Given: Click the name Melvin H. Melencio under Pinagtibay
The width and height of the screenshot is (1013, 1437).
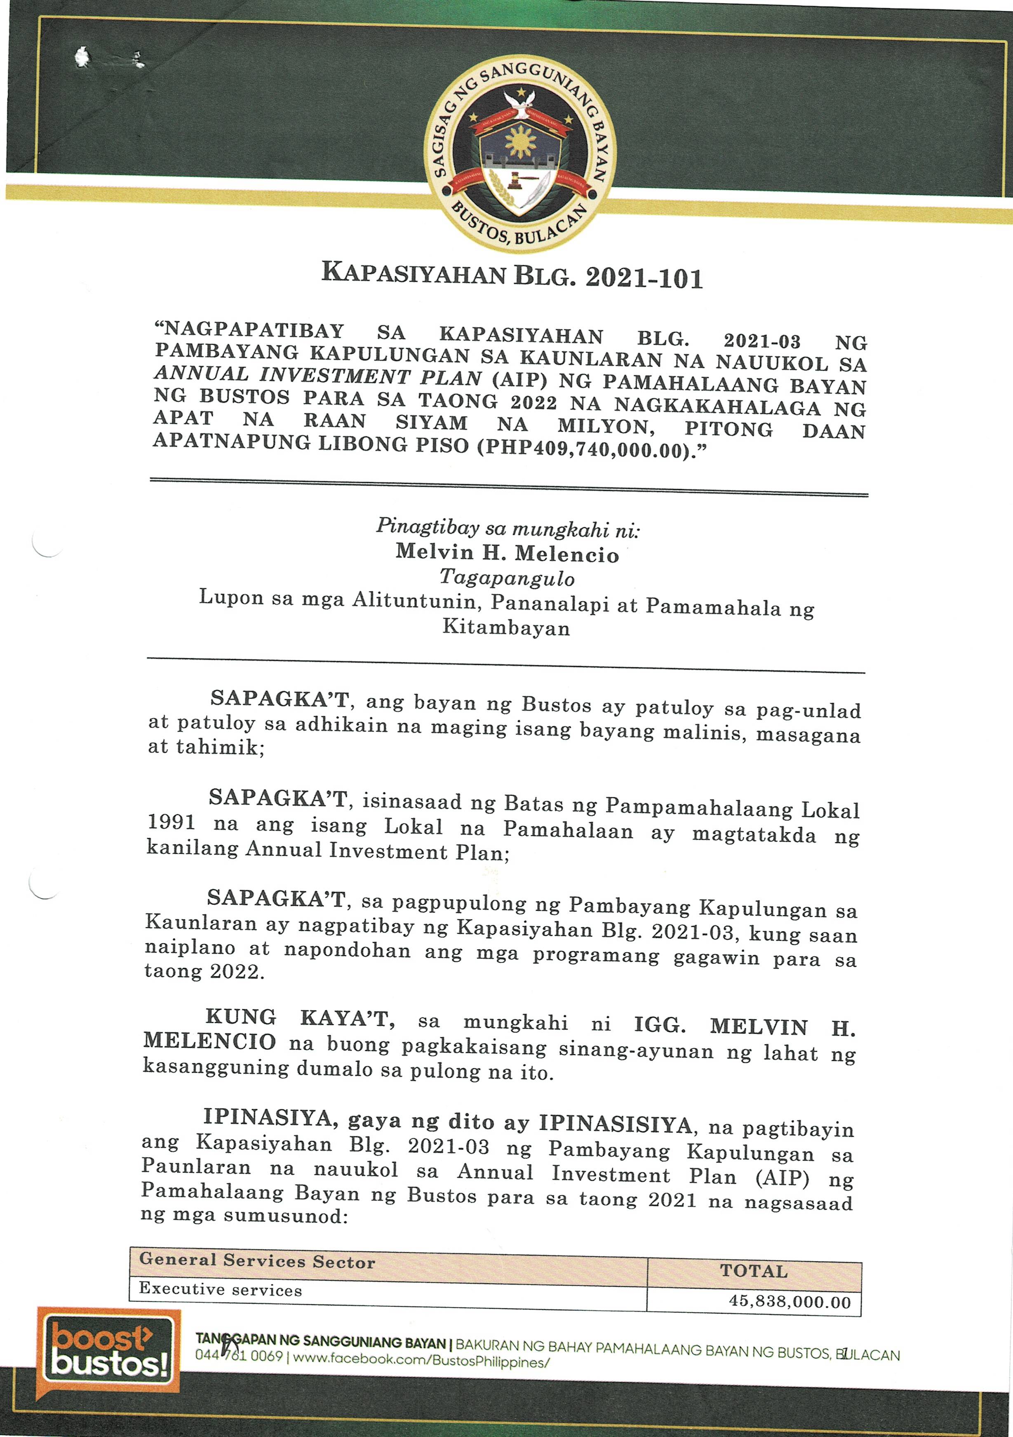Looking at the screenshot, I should (x=507, y=553).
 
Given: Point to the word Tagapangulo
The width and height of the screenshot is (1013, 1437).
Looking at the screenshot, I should (x=507, y=577).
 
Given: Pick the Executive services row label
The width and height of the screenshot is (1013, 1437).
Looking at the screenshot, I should (x=220, y=1289).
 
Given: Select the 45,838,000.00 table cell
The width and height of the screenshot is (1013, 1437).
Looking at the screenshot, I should (x=790, y=1302).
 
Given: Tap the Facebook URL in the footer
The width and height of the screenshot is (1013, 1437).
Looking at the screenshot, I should (x=421, y=1361).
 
